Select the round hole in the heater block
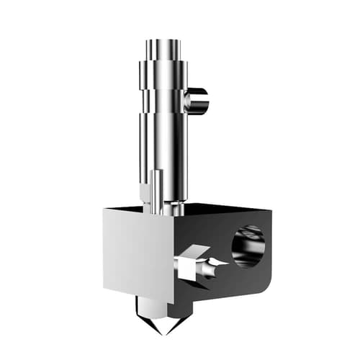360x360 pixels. pos(248,246)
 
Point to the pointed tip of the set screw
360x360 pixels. pos(225,264)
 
